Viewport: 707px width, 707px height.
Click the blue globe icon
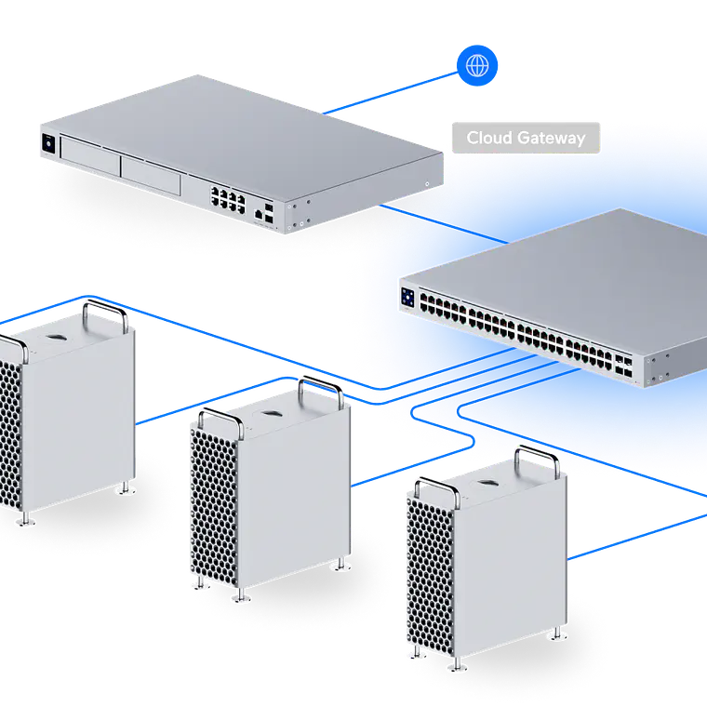click(477, 66)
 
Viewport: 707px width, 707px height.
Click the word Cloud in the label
click(488, 139)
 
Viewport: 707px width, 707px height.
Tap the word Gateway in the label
click(552, 139)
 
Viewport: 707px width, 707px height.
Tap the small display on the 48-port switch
click(407, 297)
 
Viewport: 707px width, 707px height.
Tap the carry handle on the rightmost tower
click(537, 460)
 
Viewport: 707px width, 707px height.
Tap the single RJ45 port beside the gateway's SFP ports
click(255, 213)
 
